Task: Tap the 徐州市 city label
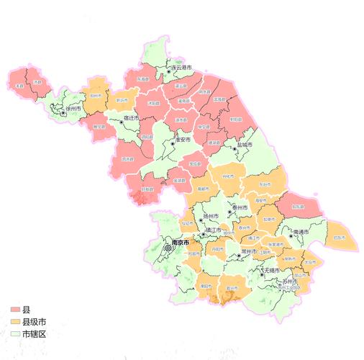pyautogui.click(x=76, y=110)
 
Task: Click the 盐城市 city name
pyautogui.click(x=245, y=145)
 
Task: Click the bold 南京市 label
pyautogui.click(x=180, y=243)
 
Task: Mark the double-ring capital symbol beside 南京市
pyautogui.click(x=168, y=247)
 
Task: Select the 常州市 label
pyautogui.click(x=250, y=251)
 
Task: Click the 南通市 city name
pyautogui.click(x=304, y=233)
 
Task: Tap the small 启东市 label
pyautogui.click(x=340, y=237)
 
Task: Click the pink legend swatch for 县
pyautogui.click(x=15, y=310)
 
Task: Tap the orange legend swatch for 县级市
pyautogui.click(x=15, y=322)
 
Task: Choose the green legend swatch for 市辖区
pyautogui.click(x=15, y=334)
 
